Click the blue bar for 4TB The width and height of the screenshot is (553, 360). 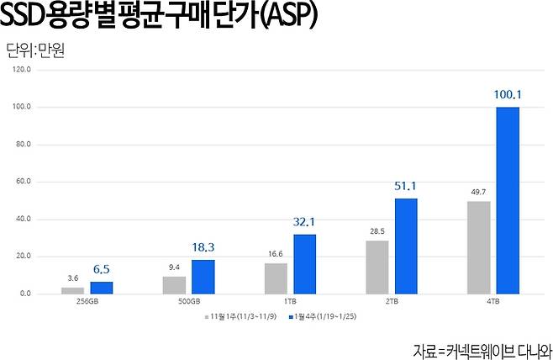508,200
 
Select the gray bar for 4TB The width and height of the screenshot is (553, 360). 479,247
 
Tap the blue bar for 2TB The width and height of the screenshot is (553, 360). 406,246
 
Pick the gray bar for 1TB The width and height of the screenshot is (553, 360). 276,278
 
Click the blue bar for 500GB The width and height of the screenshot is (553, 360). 203,277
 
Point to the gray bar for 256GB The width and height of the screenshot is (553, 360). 72,290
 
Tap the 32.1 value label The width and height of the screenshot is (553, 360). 304,223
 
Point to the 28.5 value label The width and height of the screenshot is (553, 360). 377,230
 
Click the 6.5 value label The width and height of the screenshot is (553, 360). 101,270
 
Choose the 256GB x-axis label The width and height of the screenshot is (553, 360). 87,301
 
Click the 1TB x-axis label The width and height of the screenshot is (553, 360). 290,301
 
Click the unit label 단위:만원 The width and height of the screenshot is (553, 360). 35,47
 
